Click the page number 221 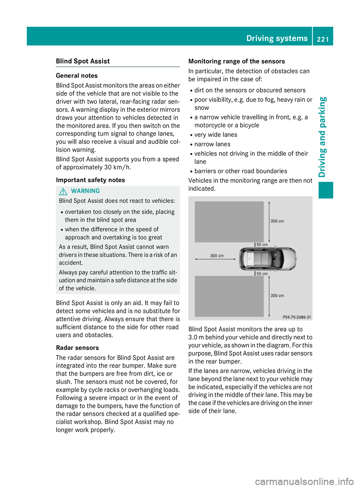tap(322, 39)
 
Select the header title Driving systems tap(277, 38)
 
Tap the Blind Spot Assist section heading tap(83, 61)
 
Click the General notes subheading tap(76, 76)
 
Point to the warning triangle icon tap(63, 191)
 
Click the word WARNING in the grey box tap(85, 191)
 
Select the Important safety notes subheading tap(90, 180)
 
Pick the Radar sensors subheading tap(77, 348)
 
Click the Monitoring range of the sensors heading tap(237, 61)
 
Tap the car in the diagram tap(268, 259)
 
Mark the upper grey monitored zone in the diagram tap(229, 222)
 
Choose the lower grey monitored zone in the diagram tap(229, 296)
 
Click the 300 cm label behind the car tap(217, 256)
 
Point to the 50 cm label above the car tap(262, 245)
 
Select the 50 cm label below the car tap(262, 274)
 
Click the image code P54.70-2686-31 tap(297, 317)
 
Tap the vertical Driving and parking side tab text tap(322, 137)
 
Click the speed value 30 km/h tap(117, 167)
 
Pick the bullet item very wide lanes tap(216, 135)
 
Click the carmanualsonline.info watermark tap(304, 481)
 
